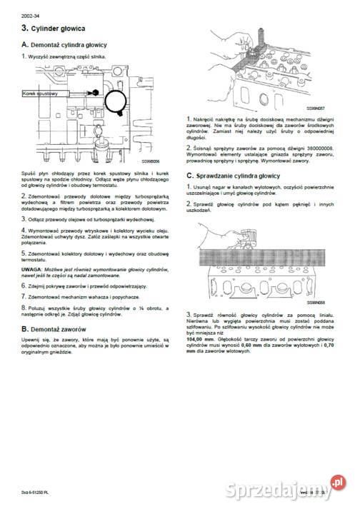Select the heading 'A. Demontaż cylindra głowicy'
tap(66, 44)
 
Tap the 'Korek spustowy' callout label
tap(39, 94)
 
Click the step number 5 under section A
tap(24, 252)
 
